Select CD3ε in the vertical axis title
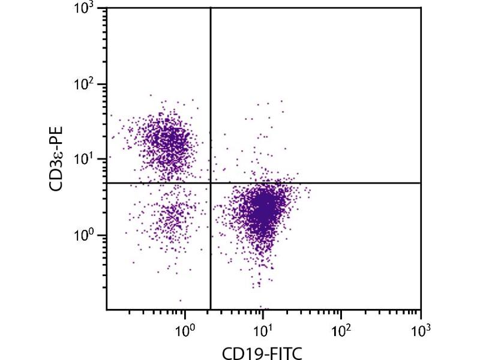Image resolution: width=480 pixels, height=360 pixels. tap(58, 171)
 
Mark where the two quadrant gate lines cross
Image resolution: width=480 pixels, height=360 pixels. tap(211, 183)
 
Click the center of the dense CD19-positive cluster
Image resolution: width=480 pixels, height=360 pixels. tap(263, 210)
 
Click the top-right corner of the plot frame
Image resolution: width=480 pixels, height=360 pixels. tap(421, 8)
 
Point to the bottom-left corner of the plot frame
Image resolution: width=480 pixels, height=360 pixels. tap(107, 310)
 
